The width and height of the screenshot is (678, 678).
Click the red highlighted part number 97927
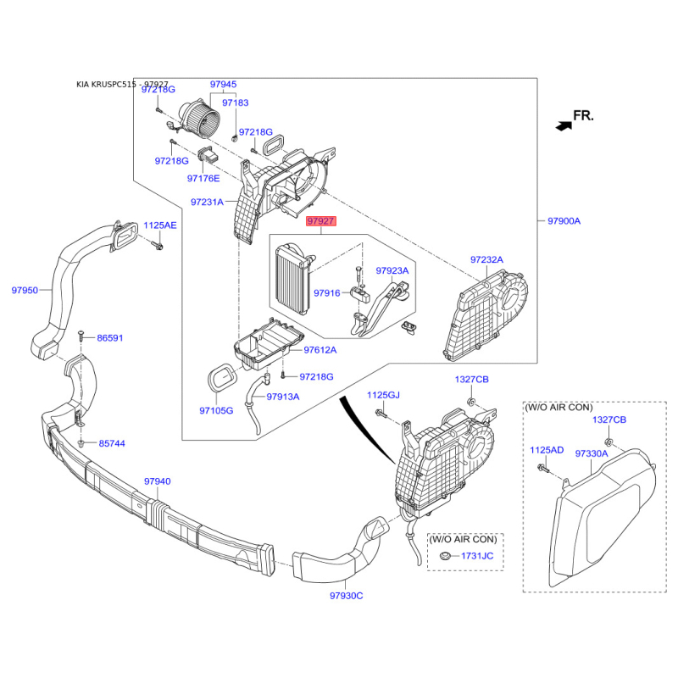click(321, 221)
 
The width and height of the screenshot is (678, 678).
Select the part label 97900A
click(564, 221)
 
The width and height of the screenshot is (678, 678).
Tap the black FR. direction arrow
click(564, 125)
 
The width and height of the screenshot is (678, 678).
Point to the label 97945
click(223, 84)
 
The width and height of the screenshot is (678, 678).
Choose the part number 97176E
click(203, 178)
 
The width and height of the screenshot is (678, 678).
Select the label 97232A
click(486, 259)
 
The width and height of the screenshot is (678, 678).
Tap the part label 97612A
click(320, 350)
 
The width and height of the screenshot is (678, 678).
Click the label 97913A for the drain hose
click(283, 397)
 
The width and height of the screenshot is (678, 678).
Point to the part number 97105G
click(216, 410)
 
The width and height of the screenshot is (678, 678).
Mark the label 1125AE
click(160, 225)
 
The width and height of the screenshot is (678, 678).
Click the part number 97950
click(25, 290)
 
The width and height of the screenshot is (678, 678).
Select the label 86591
click(110, 337)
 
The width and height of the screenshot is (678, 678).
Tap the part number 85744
click(112, 443)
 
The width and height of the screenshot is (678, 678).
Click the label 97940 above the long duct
click(158, 481)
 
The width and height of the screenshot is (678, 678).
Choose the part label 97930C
click(347, 596)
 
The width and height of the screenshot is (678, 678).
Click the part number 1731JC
click(477, 556)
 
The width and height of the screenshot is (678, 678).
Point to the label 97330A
click(592, 453)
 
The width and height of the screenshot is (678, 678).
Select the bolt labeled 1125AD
click(542, 469)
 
